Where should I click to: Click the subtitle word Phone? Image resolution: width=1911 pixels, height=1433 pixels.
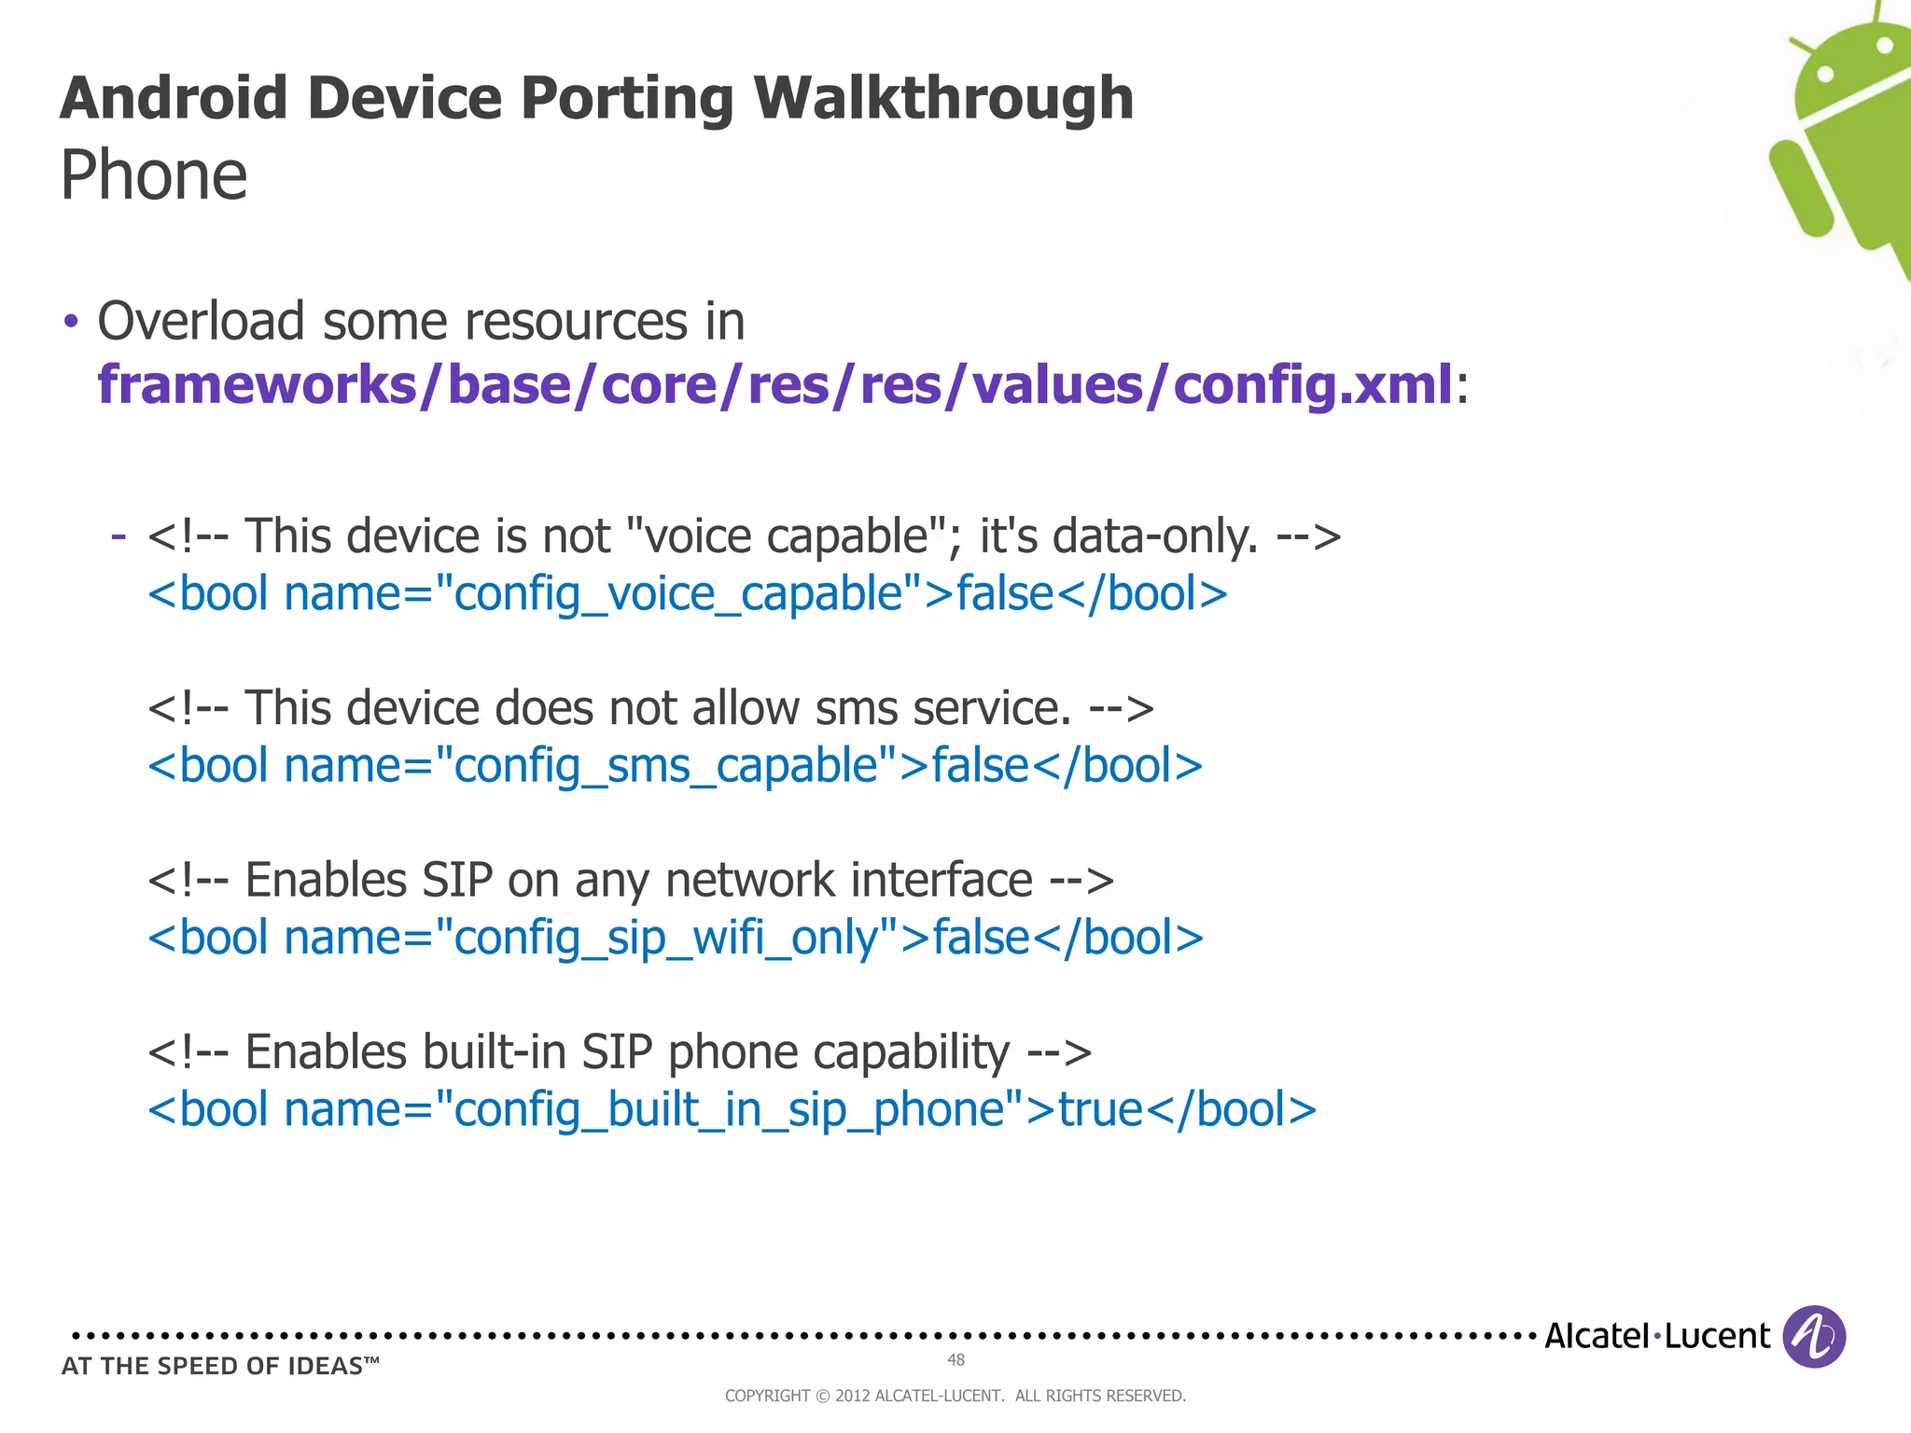pyautogui.click(x=154, y=175)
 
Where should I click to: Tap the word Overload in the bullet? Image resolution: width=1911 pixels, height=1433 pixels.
pyautogui.click(x=200, y=322)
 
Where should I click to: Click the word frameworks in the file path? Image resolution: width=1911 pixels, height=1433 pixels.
pyautogui.click(x=257, y=384)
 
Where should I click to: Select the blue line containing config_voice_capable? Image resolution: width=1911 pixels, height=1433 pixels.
pyautogui.click(x=687, y=594)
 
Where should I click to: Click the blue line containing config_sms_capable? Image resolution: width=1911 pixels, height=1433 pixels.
pyautogui.click(x=675, y=766)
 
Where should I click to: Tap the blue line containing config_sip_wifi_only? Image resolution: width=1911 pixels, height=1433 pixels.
pyautogui.click(x=675, y=938)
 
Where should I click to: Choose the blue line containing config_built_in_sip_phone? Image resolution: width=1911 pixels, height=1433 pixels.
pyautogui.click(x=732, y=1109)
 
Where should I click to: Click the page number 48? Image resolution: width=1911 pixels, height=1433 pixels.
pyautogui.click(x=955, y=1359)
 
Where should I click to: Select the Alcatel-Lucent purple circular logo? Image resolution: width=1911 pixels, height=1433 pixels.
pyautogui.click(x=1813, y=1336)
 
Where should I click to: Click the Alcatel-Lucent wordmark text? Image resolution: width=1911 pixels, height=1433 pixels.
pyautogui.click(x=1656, y=1336)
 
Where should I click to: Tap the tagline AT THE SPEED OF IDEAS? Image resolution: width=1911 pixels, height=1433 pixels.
pyautogui.click(x=220, y=1366)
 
